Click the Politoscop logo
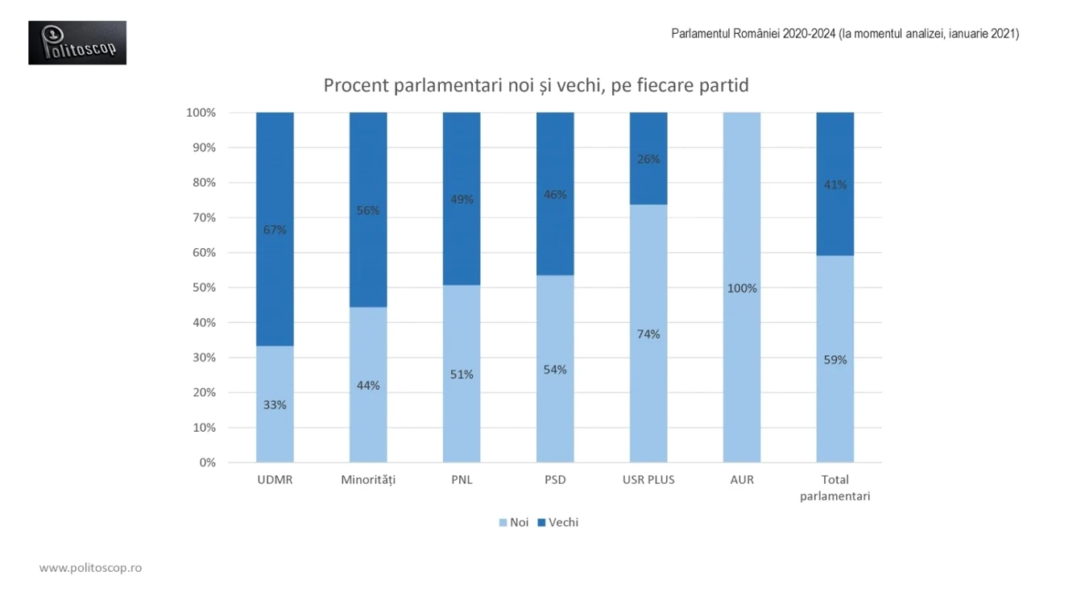coord(77,43)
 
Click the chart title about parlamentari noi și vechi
coord(536,85)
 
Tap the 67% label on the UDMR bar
coord(275,230)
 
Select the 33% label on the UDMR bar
coord(275,405)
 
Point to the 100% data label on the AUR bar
coord(742,288)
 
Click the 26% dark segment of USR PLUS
coord(648,159)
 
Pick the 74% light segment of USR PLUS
coord(648,333)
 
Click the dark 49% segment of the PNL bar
coord(462,199)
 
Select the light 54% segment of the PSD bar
coord(555,369)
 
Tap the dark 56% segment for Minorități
coord(368,210)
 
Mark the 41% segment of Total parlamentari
coord(835,184)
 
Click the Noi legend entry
coord(513,523)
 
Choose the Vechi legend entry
coord(558,523)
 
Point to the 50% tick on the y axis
coord(204,288)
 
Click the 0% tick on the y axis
coord(207,463)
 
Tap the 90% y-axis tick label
coord(204,147)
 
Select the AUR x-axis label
coord(742,480)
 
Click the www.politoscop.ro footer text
coord(90,568)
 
